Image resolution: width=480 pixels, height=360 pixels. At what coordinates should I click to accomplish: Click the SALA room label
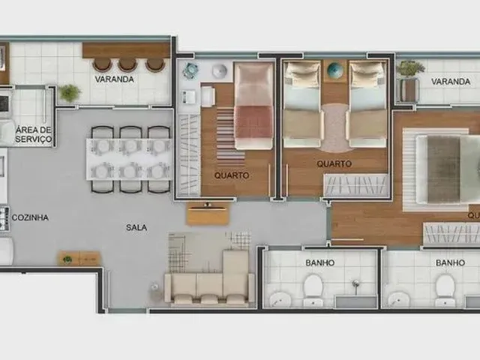(136, 227)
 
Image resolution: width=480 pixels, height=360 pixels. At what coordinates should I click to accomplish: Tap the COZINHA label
(30, 217)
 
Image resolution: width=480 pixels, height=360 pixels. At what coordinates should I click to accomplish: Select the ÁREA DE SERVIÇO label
(34, 134)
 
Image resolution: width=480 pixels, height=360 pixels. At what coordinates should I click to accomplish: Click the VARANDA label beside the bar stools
(114, 79)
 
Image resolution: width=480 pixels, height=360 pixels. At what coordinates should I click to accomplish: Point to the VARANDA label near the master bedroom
(451, 82)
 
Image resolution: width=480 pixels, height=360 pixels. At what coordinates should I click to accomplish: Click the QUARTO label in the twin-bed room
(334, 163)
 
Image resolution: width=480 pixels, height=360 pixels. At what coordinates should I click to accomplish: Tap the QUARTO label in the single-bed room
(232, 175)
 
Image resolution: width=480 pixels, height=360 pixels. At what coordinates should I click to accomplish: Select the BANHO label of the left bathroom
(320, 262)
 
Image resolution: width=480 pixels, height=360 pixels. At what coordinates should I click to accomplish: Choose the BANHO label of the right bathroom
(450, 262)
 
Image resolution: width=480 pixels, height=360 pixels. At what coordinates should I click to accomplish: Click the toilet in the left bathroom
(313, 289)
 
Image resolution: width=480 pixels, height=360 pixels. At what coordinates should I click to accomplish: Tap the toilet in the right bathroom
(445, 289)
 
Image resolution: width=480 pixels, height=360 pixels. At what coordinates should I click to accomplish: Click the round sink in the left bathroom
(280, 300)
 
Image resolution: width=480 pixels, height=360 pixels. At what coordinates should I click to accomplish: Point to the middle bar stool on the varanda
(127, 64)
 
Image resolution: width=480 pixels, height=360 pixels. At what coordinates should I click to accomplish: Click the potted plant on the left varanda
(70, 92)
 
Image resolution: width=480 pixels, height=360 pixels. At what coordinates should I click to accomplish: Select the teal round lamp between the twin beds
(334, 70)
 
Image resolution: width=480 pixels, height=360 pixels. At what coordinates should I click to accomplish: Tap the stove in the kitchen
(4, 218)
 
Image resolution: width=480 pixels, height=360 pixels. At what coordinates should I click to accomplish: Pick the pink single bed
(253, 106)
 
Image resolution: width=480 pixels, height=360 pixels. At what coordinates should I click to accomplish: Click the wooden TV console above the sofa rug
(208, 214)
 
